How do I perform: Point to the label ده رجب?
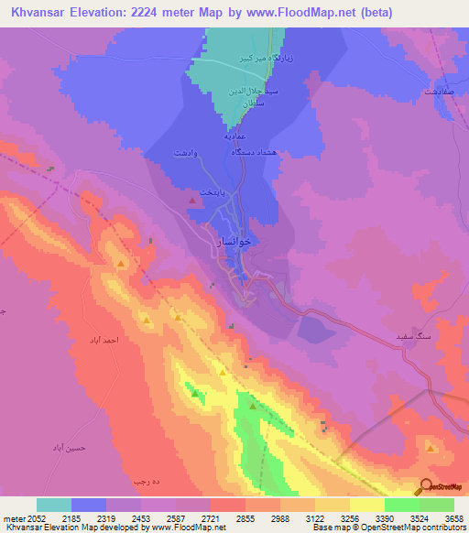(147, 480)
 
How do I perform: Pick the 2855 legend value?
(245, 517)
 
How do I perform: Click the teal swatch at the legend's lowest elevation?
(54, 505)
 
